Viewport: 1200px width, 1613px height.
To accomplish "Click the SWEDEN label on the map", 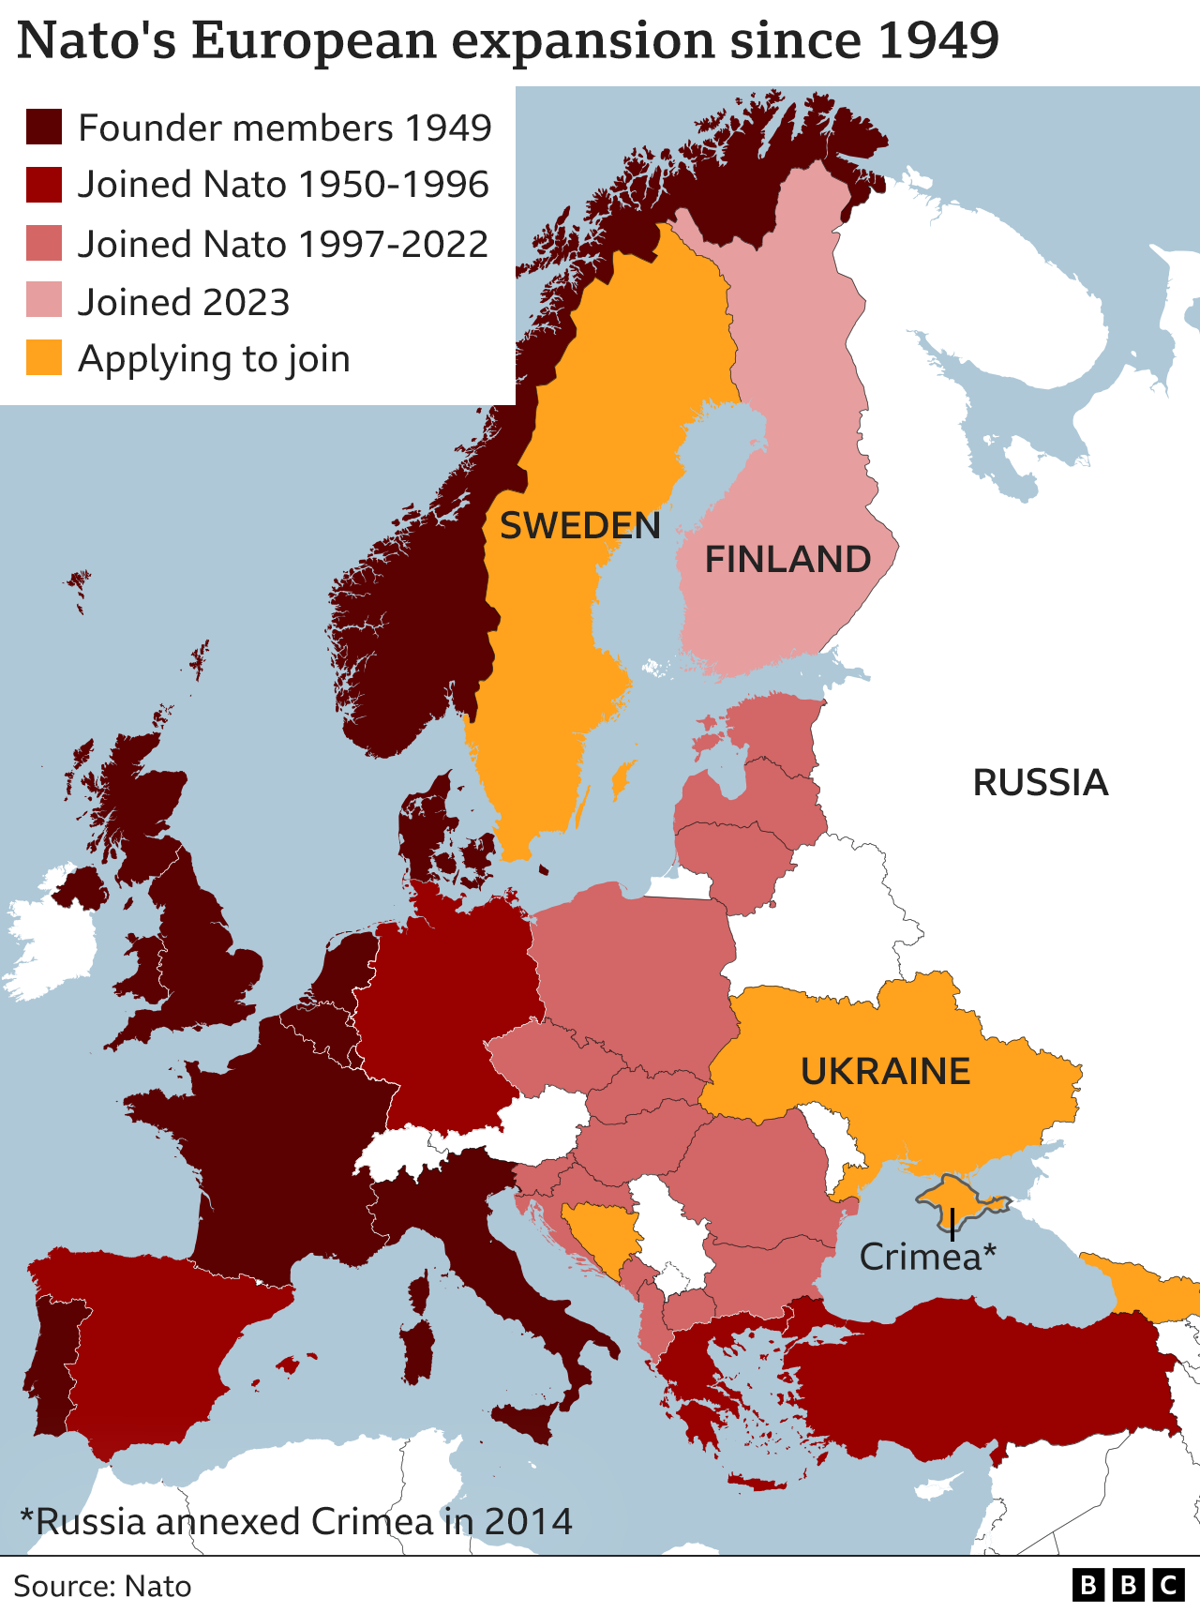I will [x=579, y=526].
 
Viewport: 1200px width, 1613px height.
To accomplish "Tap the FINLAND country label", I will [x=787, y=560].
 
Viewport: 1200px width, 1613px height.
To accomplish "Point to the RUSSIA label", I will [x=1040, y=783].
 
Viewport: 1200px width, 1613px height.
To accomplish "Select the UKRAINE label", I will [x=885, y=1071].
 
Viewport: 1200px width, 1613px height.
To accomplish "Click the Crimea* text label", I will [x=927, y=1258].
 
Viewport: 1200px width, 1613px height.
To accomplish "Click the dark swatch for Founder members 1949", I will [x=44, y=128].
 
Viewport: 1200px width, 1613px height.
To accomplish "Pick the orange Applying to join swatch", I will [x=44, y=358].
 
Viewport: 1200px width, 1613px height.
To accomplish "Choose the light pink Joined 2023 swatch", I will [x=44, y=301].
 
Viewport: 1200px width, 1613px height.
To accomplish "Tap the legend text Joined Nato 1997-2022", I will [x=282, y=245].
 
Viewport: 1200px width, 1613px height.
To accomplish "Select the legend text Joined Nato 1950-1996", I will [x=282, y=185].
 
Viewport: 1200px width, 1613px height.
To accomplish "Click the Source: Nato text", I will [x=102, y=1586].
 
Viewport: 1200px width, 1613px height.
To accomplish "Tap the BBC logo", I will [x=1128, y=1585].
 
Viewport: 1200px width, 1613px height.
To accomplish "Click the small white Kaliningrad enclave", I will [x=680, y=886].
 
